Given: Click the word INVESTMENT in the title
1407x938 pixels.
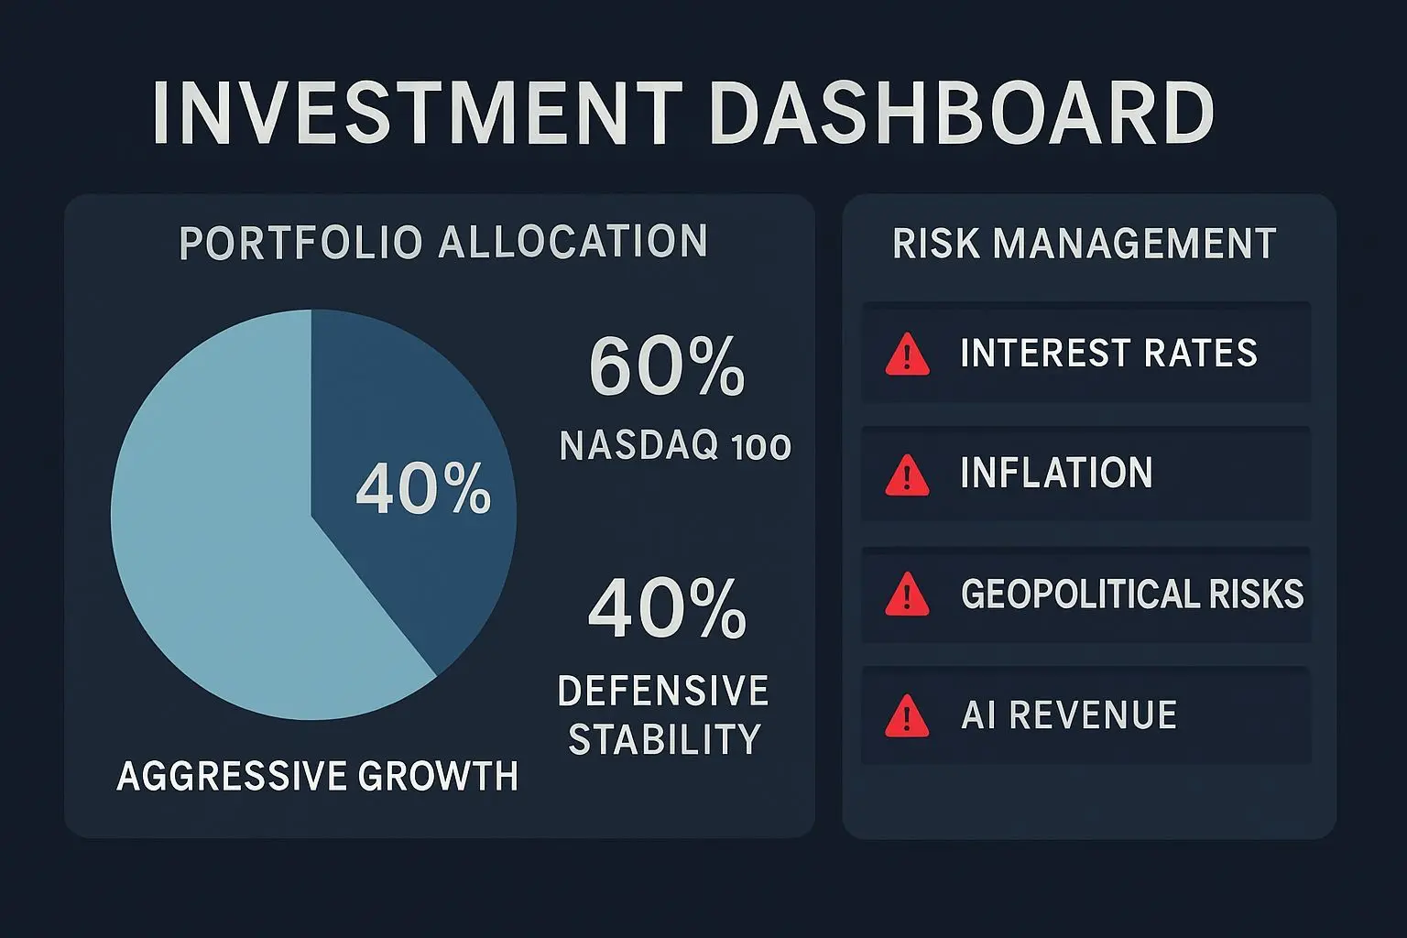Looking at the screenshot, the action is (418, 113).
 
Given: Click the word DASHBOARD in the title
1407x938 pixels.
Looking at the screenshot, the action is (963, 113).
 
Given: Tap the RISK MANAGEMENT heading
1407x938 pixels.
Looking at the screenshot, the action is (1085, 243).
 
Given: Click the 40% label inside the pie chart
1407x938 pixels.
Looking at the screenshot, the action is (423, 489).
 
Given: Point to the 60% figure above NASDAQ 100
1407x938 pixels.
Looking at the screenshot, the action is (667, 365).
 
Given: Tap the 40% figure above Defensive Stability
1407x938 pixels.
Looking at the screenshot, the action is (667, 608).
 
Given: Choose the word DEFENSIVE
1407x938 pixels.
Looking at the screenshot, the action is (663, 691).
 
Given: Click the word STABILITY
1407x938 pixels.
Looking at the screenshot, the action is (664, 739).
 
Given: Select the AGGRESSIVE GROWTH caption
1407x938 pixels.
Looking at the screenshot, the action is (317, 775).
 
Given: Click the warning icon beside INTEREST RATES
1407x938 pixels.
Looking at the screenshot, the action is (907, 355).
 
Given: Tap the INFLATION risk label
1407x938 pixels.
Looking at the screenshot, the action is (1056, 473).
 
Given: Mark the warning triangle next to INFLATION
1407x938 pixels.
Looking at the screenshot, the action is (907, 475).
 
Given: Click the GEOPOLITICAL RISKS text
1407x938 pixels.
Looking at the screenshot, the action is (1132, 594).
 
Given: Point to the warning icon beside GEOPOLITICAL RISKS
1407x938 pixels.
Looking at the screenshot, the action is (907, 594).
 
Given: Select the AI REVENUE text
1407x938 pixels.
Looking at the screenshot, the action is (1069, 714).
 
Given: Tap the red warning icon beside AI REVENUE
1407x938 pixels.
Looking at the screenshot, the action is (907, 716).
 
